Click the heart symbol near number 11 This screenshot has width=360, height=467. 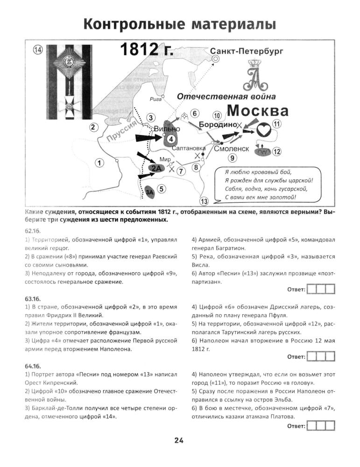pos(264,129)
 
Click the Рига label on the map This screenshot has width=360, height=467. pos(155,99)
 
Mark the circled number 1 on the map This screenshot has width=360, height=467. pos(99,163)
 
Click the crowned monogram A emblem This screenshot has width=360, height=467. pos(254,76)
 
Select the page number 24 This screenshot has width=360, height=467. pos(179,440)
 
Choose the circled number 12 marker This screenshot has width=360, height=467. pos(277,151)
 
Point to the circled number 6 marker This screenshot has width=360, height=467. pos(195,113)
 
